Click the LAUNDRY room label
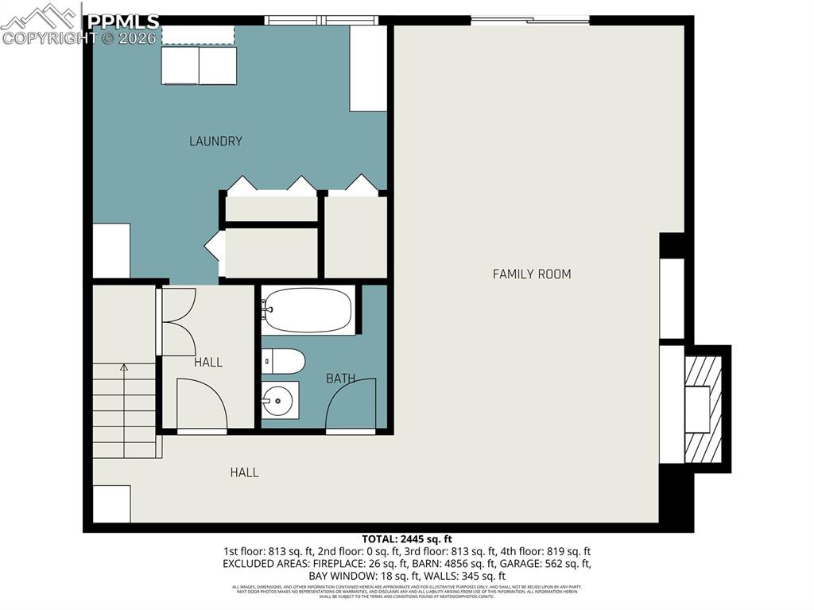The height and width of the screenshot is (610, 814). click(x=215, y=142)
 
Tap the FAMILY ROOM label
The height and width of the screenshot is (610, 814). click(x=532, y=274)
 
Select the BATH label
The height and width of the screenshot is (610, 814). click(x=340, y=379)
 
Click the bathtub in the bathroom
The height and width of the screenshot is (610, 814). click(x=308, y=310)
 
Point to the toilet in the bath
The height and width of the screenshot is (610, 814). click(x=283, y=361)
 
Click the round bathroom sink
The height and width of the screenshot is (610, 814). click(x=279, y=400)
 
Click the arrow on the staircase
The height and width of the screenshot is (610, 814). click(x=124, y=368)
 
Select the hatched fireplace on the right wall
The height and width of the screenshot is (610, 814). click(x=703, y=407)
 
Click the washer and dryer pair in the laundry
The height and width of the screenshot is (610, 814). click(x=199, y=65)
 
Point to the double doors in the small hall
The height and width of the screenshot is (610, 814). click(x=179, y=321)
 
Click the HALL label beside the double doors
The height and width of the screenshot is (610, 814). click(x=208, y=363)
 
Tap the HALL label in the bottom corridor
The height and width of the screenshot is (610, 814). click(x=244, y=472)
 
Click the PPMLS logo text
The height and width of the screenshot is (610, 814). click(x=123, y=21)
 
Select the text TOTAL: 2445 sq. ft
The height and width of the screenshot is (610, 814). click(x=406, y=539)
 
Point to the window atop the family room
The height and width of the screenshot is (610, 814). click(x=530, y=21)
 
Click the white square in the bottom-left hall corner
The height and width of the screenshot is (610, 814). click(x=111, y=503)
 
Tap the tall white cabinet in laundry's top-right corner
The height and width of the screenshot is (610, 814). click(x=369, y=68)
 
